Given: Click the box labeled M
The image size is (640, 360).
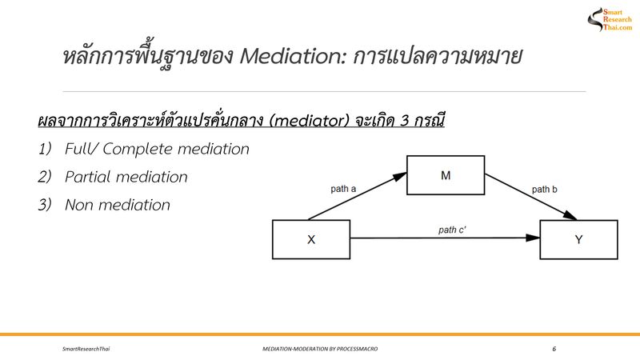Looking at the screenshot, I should (445, 175).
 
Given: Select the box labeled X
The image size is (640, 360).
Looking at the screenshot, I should (311, 239).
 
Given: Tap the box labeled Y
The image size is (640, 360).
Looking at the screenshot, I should (578, 239).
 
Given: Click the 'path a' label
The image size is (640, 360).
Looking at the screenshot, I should (345, 190).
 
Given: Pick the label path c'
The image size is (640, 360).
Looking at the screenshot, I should (453, 230).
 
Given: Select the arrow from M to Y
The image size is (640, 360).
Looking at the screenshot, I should (532, 198).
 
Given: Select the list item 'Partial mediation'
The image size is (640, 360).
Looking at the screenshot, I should (126, 177).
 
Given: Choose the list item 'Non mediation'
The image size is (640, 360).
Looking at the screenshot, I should (118, 205).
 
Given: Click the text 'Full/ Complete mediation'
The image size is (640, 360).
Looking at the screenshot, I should (158, 149).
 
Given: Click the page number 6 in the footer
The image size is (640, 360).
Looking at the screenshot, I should (554, 350).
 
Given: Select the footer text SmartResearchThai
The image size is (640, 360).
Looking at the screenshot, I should (86, 350).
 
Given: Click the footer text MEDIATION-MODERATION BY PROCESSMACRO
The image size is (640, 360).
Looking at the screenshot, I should (320, 350).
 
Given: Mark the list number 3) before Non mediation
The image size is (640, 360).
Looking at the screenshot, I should (45, 205).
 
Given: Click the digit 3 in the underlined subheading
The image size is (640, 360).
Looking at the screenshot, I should (397, 122).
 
